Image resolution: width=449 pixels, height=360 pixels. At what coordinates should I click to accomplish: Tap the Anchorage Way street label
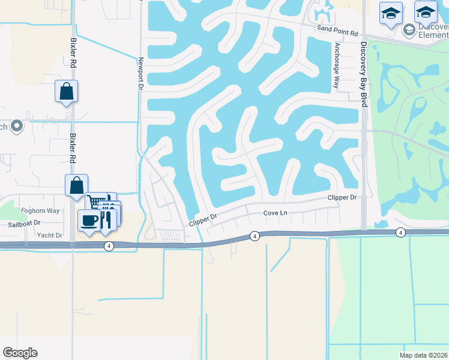coord(337,65)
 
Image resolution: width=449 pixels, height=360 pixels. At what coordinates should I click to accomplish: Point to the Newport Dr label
coord(141,74)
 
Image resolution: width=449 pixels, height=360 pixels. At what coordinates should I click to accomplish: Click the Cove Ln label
coord(277,214)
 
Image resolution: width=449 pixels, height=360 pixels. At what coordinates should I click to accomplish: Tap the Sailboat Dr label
coord(24,223)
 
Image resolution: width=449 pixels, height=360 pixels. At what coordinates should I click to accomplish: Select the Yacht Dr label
coord(50,236)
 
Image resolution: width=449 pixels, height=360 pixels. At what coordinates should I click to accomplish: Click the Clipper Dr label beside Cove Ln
coord(203,221)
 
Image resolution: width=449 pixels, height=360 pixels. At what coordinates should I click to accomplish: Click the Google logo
coord(20,353)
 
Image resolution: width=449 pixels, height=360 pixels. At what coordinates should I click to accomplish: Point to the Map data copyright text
coord(423,355)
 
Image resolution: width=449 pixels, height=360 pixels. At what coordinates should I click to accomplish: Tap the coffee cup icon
coord(89,220)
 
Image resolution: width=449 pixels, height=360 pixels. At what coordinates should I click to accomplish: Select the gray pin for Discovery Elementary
coord(409,29)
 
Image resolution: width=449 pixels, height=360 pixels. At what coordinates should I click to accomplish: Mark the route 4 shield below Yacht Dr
coord(109,246)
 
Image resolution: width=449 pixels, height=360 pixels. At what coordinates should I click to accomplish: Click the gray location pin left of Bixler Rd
coord(17,127)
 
